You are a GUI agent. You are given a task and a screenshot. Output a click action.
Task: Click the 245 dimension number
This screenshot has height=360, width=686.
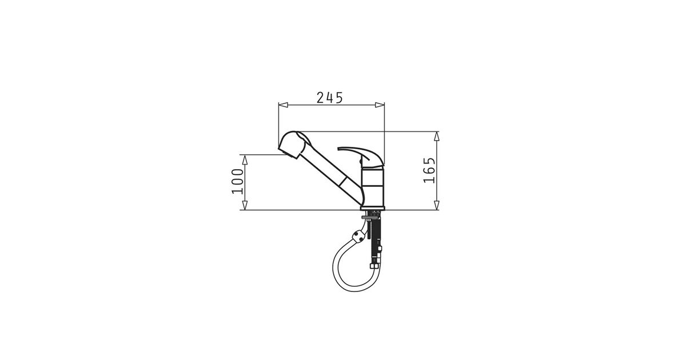point(329,98)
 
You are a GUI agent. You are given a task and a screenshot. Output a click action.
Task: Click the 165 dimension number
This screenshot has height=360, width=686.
point(429,170)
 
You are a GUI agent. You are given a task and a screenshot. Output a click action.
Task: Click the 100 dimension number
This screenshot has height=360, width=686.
point(237,181)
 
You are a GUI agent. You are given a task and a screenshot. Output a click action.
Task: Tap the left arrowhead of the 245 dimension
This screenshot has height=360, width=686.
point(283,105)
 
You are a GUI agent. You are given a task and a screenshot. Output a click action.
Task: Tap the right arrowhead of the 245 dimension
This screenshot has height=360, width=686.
point(380,105)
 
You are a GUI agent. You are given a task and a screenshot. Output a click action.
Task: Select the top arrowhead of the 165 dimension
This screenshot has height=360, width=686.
point(437,136)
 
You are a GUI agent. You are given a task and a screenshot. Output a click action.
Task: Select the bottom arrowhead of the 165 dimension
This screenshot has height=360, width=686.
point(437,205)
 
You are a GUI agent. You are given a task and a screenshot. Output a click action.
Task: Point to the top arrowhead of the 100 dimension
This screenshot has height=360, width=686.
point(245,159)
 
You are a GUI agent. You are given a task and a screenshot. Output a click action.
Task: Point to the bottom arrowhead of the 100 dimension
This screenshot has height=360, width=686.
point(245,205)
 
